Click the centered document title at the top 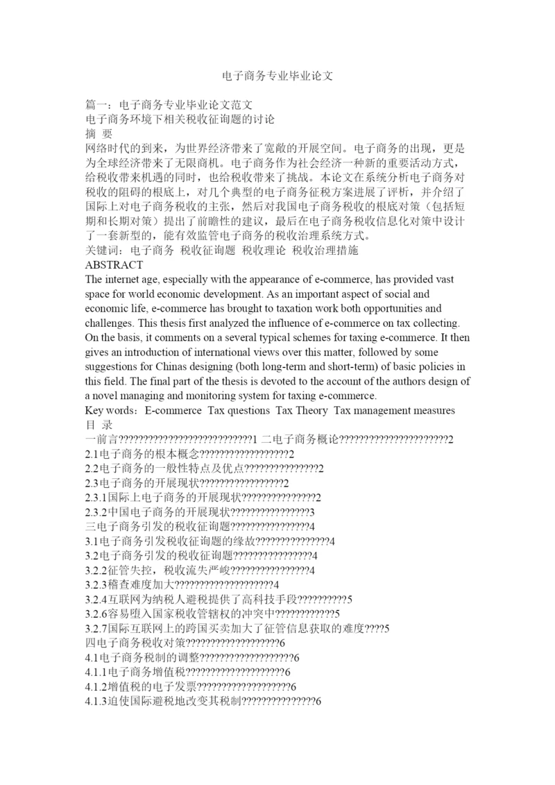[277, 75]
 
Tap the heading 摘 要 [98, 133]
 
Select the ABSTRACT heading [114, 265]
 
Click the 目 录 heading [98, 425]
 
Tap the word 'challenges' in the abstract [108, 323]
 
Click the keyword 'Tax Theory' [302, 410]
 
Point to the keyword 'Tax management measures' [394, 410]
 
